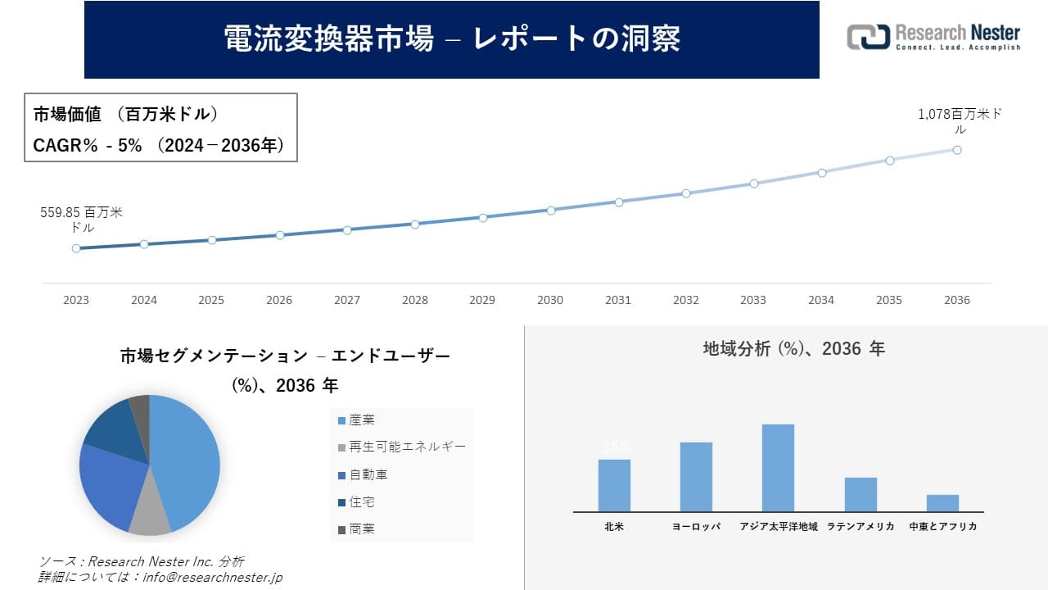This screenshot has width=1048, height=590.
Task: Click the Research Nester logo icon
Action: [x=868, y=37]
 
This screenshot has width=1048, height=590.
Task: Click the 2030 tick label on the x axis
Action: [x=550, y=300]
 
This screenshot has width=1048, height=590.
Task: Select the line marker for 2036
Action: [x=956, y=150]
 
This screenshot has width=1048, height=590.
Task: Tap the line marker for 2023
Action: [x=76, y=247]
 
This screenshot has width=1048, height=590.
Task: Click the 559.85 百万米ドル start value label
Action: [x=81, y=220]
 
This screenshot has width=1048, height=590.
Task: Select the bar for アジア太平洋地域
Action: [x=778, y=468]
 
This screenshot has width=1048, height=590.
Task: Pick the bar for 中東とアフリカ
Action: [x=942, y=503]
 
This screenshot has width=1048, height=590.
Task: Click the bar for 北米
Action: [x=614, y=485]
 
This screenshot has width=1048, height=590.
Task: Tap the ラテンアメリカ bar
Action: [x=861, y=494]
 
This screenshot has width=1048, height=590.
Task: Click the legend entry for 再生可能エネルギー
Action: [x=401, y=447]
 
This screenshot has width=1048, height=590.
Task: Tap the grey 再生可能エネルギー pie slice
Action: [x=149, y=516]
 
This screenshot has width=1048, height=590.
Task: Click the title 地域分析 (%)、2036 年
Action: [x=794, y=349]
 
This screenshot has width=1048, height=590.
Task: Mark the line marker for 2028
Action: [x=415, y=224]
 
